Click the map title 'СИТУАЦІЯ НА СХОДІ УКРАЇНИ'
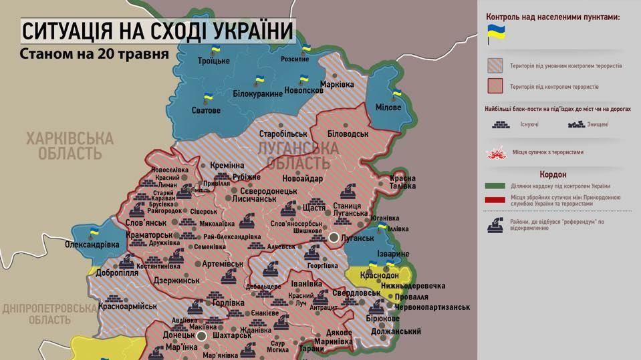coord(157,31)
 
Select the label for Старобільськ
coord(287,134)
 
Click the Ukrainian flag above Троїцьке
coord(216,49)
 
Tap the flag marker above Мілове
coord(396,93)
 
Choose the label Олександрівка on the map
coord(92,245)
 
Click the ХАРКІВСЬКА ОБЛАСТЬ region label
coord(70,146)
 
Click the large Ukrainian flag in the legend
coord(495,33)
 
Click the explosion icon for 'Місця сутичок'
coord(495,153)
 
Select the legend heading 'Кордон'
coord(559,174)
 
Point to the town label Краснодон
coord(379,275)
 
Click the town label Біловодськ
coord(348,134)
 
